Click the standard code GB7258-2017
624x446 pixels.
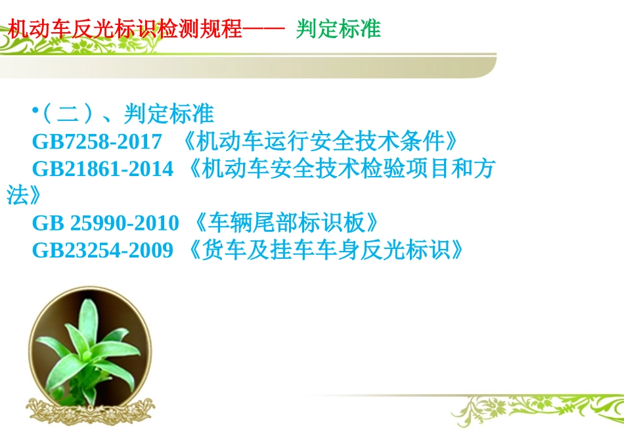(97, 141)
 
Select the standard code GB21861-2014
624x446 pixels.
(102, 169)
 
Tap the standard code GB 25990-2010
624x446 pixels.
(105, 223)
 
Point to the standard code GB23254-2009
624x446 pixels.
(102, 250)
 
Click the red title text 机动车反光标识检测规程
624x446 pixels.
(125, 30)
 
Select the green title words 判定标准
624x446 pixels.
(338, 30)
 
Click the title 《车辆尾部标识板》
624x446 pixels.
(288, 223)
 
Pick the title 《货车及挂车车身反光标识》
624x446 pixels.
(325, 250)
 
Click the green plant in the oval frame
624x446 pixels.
(86, 347)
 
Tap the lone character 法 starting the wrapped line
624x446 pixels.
(16, 196)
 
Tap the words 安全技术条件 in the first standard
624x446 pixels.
(388, 141)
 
